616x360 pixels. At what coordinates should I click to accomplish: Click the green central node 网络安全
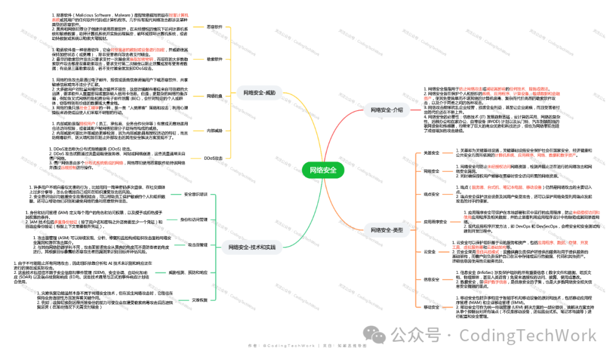coord(323,170)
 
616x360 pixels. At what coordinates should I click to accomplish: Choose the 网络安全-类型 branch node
coord(387,230)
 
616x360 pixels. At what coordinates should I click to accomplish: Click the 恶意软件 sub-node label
coord(215,26)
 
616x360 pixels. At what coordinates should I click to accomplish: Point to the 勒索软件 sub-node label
coord(214,59)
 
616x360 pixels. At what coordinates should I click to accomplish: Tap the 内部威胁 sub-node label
coord(214,131)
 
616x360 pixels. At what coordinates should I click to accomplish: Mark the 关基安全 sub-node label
coord(432,153)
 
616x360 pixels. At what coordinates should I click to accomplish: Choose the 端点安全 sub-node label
coord(432,195)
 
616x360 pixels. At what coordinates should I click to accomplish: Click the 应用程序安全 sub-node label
coord(435,221)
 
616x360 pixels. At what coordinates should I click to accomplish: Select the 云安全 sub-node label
coord(429,252)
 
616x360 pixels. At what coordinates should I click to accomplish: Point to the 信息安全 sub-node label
coord(432,279)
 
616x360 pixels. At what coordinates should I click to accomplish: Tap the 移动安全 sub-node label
coord(432,307)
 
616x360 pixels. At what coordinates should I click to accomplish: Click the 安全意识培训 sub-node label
coord(196,195)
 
